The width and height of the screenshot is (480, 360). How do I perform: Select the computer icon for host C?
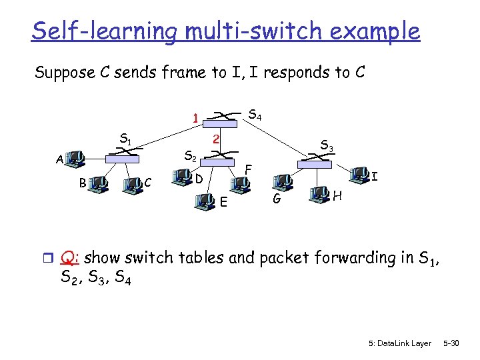(x=133, y=182)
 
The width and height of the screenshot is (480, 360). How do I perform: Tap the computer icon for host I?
(x=359, y=174)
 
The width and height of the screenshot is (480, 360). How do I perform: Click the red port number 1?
(x=194, y=119)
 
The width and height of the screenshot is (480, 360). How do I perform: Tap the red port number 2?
(x=215, y=139)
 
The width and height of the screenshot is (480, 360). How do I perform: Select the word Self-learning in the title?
(x=103, y=31)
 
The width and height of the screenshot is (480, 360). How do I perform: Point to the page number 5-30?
(x=452, y=343)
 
